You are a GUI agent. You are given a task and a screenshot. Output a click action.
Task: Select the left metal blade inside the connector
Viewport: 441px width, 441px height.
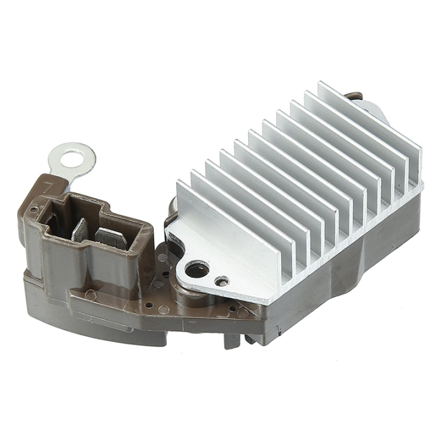80,230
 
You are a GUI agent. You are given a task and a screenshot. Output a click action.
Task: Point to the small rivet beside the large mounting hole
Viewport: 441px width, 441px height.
222,281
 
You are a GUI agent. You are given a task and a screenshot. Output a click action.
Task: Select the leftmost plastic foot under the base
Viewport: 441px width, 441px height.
231,340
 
